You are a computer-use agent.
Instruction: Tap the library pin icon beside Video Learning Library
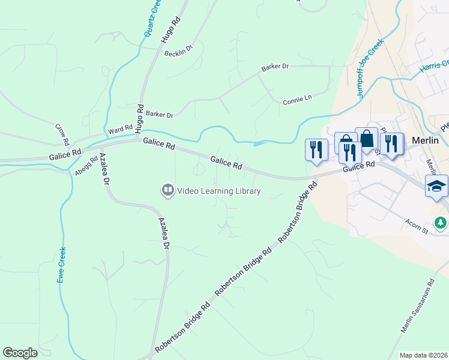pyautogui.click(x=167, y=191)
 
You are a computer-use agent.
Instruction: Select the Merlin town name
pyautogui.click(x=426, y=140)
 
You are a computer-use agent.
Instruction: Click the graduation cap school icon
pyautogui.click(x=436, y=186)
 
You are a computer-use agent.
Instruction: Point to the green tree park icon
pyautogui.click(x=441, y=223)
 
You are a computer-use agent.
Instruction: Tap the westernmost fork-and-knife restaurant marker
pyautogui.click(x=316, y=150)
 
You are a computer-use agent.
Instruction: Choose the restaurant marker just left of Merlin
pyautogui.click(x=391, y=144)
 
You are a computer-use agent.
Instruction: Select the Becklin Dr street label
pyautogui.click(x=178, y=51)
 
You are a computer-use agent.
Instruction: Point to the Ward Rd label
pyautogui.click(x=120, y=129)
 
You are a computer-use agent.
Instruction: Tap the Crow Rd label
pyautogui.click(x=62, y=135)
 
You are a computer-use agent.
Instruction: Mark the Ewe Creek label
pyautogui.click(x=62, y=266)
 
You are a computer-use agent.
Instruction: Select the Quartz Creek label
pyautogui.click(x=152, y=18)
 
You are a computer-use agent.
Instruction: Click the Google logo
pyautogui.click(x=20, y=353)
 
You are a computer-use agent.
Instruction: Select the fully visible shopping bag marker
pyautogui.click(x=366, y=139)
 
